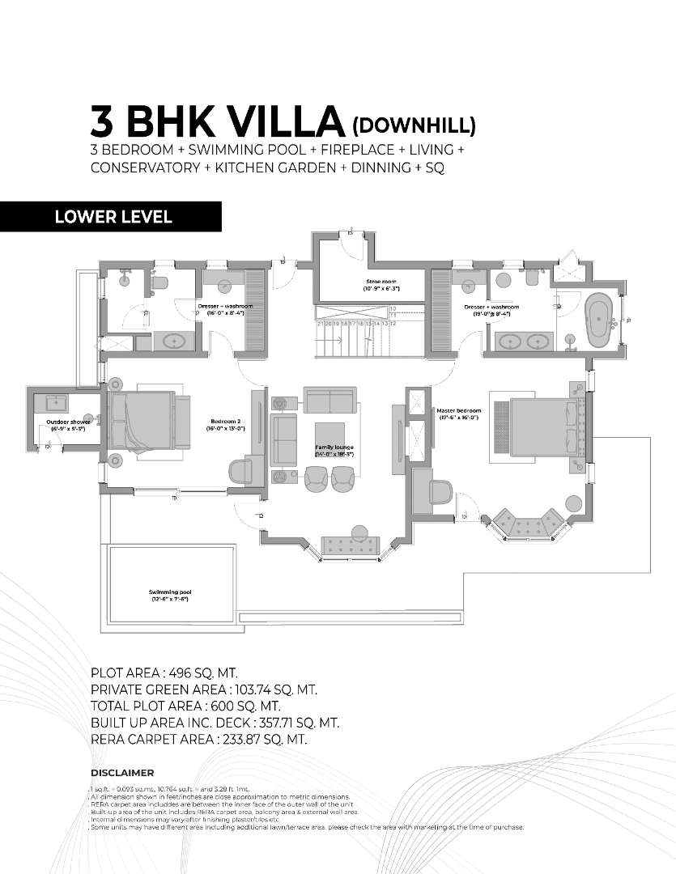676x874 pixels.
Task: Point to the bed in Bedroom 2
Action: pos(142,420)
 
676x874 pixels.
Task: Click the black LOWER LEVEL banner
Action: pos(111,217)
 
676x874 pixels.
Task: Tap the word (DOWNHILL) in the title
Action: pos(414,125)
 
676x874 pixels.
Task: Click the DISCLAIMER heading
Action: pos(122,773)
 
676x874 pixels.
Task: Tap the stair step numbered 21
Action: pos(321,323)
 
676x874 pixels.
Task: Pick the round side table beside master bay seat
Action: pos(573,502)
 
